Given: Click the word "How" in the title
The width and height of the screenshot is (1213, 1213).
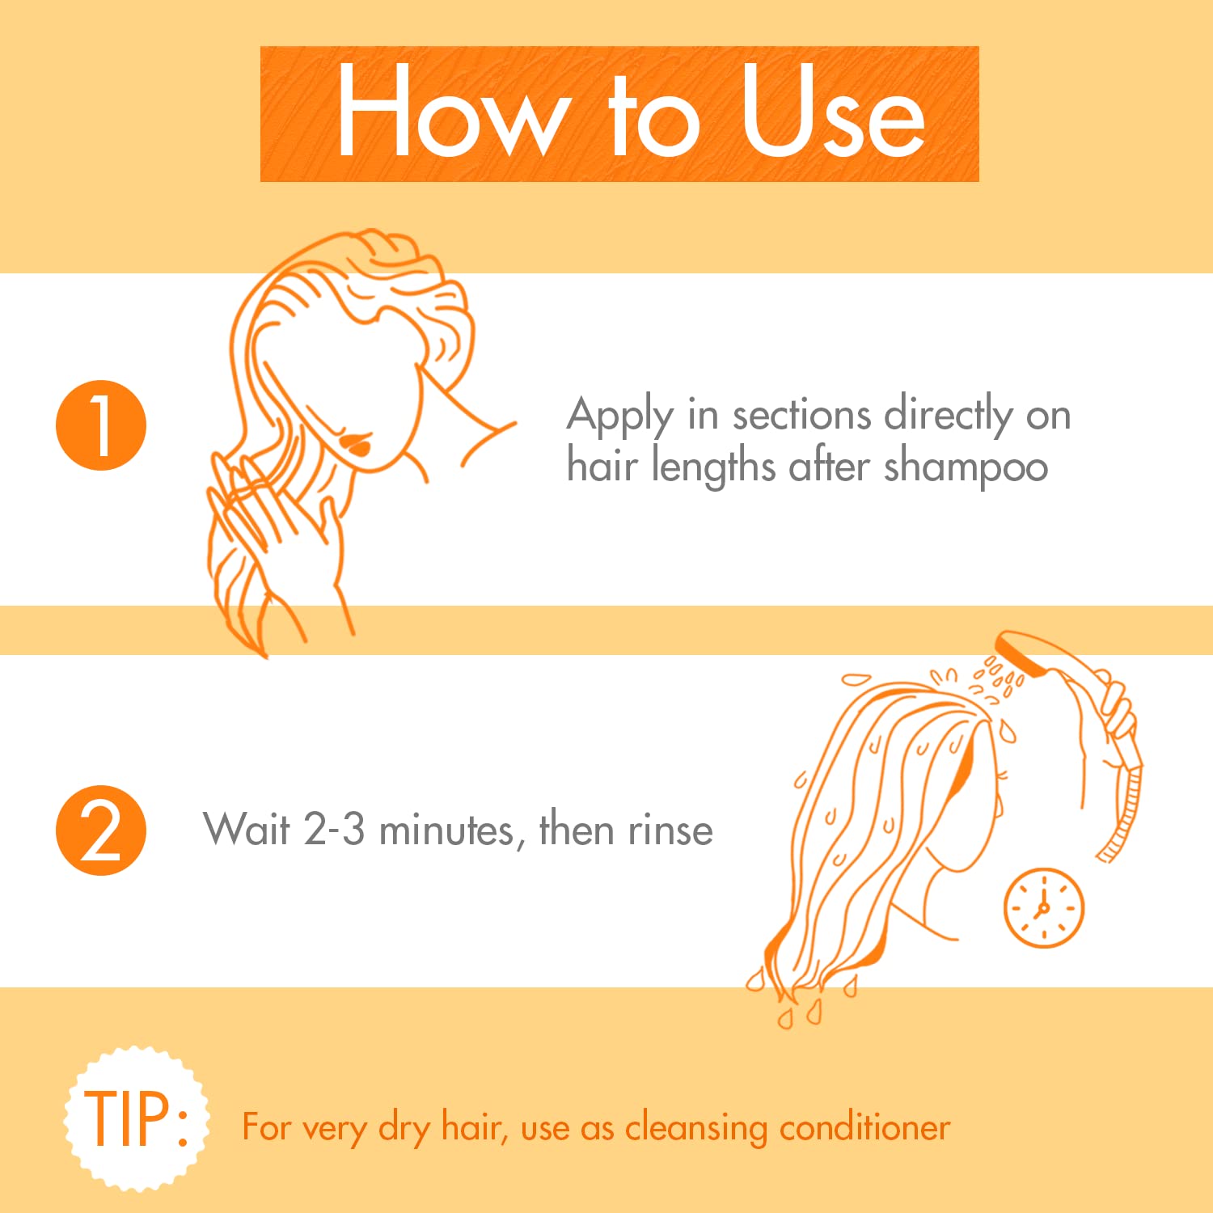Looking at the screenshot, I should tap(449, 112).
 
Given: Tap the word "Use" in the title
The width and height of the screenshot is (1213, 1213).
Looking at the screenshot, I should tap(833, 112).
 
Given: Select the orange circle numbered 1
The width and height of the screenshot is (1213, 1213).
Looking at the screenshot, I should tap(101, 425).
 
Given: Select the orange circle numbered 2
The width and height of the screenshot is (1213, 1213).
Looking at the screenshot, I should tap(101, 831).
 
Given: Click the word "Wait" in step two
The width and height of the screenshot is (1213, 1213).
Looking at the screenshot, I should tap(247, 830).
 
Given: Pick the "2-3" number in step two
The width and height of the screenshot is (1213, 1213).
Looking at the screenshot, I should tap(334, 831).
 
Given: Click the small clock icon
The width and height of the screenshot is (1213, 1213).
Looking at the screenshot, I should tap(1043, 908).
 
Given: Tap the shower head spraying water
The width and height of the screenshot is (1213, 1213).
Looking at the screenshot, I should tap(1022, 653).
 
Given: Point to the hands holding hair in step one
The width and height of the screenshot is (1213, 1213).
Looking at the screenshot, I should tap(267, 518).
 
